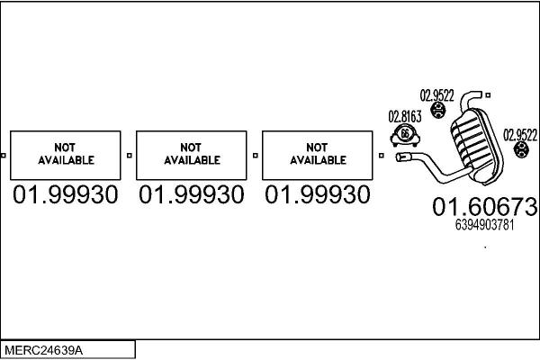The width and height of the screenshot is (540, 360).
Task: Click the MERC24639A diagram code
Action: pos(44,350)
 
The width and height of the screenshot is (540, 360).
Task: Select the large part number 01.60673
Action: pos(484,207)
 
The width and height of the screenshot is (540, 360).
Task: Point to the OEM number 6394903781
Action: pos(484,225)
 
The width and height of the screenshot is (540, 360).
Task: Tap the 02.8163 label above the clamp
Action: pos(405,117)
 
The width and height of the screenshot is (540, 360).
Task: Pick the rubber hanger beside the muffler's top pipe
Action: pos(438,110)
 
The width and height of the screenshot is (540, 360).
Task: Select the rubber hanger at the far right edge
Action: pos(521,149)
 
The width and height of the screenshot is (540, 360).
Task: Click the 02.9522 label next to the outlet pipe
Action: pos(437,95)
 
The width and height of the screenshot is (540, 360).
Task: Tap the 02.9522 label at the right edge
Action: pos(520,135)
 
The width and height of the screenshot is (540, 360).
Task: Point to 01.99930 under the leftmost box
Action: pos(66,194)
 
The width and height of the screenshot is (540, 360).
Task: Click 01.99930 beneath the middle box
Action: pos(192,194)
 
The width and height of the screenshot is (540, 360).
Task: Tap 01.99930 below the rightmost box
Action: pos(317,194)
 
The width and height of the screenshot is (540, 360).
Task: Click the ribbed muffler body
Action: pos(477,147)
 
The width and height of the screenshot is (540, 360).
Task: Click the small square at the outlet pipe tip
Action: pos(488,95)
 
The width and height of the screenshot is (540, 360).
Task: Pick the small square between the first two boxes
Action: pos(129,156)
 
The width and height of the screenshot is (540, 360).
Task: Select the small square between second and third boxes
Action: pos(256,156)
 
